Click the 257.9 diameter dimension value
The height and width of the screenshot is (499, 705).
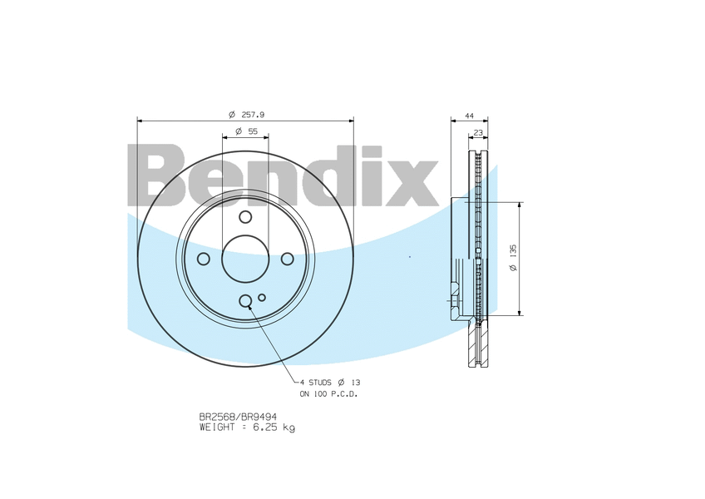click(x=253, y=114)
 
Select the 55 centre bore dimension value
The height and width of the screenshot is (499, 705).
click(x=253, y=131)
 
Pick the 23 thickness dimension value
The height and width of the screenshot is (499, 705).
click(x=478, y=132)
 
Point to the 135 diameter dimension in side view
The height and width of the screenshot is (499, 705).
click(x=514, y=258)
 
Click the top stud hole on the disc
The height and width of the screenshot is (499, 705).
click(x=245, y=217)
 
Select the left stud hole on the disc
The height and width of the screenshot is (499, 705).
click(x=204, y=259)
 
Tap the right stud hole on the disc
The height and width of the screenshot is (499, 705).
click(x=288, y=259)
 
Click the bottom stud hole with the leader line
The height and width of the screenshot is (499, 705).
click(x=245, y=301)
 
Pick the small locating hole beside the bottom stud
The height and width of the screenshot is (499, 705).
click(x=262, y=297)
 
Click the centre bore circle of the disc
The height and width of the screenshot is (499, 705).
click(x=245, y=259)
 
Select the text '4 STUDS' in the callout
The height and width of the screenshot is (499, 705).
click(x=315, y=382)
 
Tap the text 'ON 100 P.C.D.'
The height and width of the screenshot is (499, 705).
click(x=328, y=393)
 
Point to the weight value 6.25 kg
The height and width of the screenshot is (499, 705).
click(x=276, y=427)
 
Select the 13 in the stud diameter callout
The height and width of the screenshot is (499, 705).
click(x=356, y=382)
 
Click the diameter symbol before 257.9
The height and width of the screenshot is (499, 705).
click(x=232, y=114)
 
